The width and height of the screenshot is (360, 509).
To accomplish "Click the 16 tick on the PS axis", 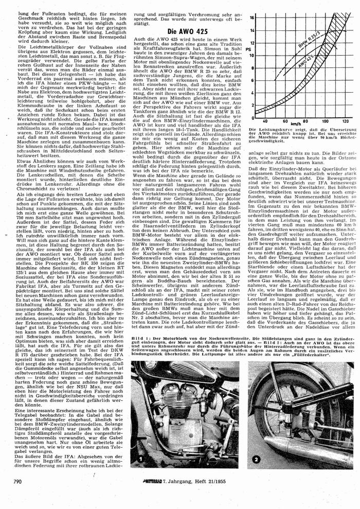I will [251, 17].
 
